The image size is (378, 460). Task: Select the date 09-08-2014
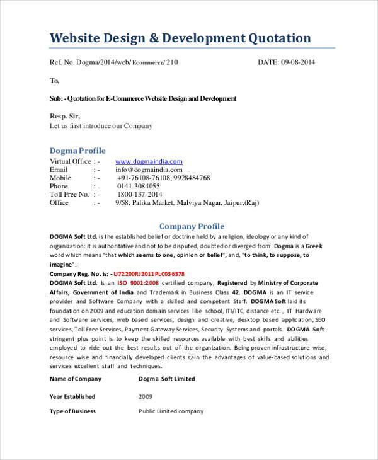tap(298, 62)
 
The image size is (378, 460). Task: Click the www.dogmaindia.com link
tap(149, 161)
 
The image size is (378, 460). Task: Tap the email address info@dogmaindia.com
tap(149, 170)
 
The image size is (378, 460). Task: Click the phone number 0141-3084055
tap(139, 187)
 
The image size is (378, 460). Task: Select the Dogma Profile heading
tap(77, 151)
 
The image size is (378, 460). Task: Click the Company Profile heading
tap(192, 226)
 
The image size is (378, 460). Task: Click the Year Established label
tap(72, 396)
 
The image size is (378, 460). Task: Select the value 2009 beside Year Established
tap(146, 396)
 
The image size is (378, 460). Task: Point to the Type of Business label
tap(72, 411)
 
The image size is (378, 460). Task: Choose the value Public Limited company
tap(171, 411)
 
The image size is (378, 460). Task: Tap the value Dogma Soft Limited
tap(167, 379)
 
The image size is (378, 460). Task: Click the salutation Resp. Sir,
tap(65, 116)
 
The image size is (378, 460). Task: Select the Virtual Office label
tap(70, 161)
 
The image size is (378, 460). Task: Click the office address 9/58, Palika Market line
tap(186, 203)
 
